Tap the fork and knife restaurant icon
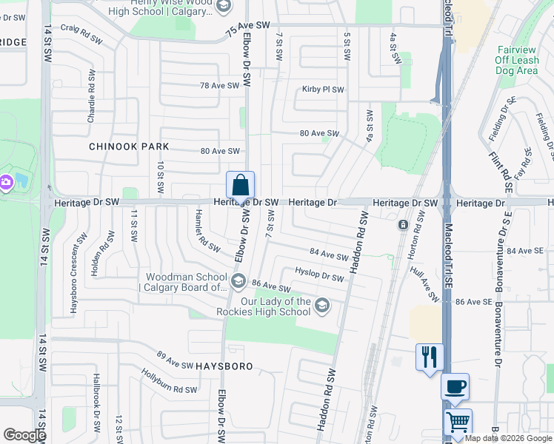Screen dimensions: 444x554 [x=430, y=357]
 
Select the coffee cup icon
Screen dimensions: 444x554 [x=455, y=386]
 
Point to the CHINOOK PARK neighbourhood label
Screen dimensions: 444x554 [x=129, y=147]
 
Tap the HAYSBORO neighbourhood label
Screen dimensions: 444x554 [x=224, y=366]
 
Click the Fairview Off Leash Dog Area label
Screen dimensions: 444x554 [x=516, y=60]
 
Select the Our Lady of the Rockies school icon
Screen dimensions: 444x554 [x=322, y=305]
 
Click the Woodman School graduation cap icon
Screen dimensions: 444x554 [x=238, y=280]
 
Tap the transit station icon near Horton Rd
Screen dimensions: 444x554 [x=402, y=224]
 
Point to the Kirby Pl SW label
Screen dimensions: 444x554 [x=323, y=90]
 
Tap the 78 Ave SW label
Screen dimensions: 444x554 [x=220, y=86]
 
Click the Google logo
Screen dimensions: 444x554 [x=24, y=435]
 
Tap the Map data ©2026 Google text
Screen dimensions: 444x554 [x=508, y=438]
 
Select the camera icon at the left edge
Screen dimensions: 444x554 [x=4, y=181]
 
